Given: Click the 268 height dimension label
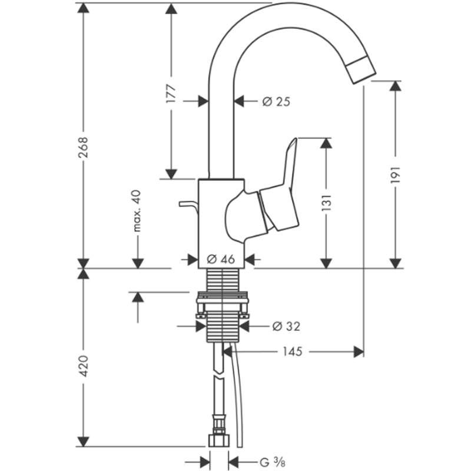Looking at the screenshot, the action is (x=83, y=148).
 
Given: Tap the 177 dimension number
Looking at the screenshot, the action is (x=171, y=94).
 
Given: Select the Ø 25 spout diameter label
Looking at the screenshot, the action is (x=276, y=102).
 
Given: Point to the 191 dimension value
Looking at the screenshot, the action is (x=396, y=174).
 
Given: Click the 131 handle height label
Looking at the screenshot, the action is (x=327, y=203).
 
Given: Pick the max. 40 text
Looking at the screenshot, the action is (x=137, y=211).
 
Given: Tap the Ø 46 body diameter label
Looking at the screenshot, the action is (x=221, y=259).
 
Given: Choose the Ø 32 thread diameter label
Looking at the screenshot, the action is (x=286, y=326).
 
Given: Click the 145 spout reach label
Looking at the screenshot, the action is (x=293, y=351).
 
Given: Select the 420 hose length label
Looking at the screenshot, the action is (x=83, y=366).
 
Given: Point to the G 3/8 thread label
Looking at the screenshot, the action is (x=273, y=462).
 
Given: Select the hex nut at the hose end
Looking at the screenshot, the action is (x=219, y=440).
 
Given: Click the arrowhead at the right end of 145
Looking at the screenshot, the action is (x=359, y=351).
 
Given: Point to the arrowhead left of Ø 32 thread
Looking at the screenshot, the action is (x=201, y=326).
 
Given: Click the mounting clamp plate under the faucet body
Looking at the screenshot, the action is (x=222, y=300).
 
